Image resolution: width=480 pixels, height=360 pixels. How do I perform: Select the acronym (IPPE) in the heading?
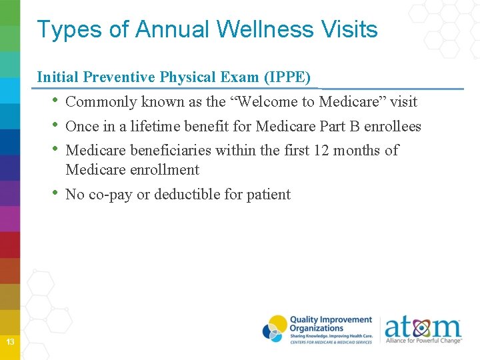click(288, 77)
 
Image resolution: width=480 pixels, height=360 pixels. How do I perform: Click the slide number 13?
click(10, 342)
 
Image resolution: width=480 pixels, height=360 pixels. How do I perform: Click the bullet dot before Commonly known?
click(55, 102)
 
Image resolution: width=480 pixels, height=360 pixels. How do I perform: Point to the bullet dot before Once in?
click(55, 126)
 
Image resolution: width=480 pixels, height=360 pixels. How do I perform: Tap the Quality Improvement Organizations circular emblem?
click(275, 329)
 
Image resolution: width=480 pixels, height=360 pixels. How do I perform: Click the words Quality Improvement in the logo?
click(331, 320)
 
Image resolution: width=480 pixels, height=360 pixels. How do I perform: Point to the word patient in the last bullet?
click(269, 195)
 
